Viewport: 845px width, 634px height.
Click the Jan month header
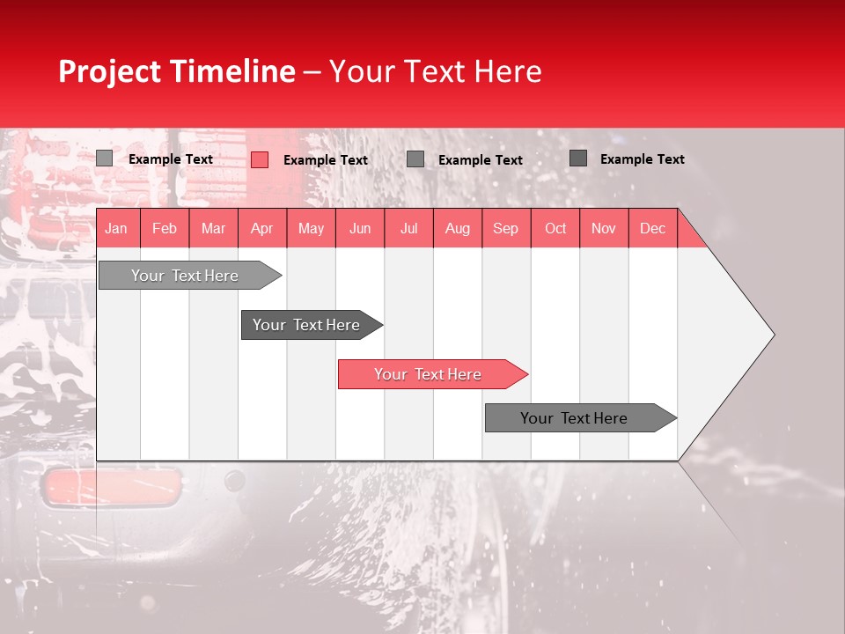(117, 228)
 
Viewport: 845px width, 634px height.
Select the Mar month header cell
(213, 228)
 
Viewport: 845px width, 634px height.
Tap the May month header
(311, 228)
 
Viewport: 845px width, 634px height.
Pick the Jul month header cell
(408, 228)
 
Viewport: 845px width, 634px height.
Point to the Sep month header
(506, 228)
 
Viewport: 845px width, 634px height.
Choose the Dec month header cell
(652, 228)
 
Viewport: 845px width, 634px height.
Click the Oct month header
(555, 228)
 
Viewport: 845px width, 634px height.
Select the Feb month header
(165, 228)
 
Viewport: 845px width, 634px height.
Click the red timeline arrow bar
(431, 374)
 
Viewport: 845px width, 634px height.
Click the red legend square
(260, 159)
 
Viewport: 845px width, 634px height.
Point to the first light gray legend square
(104, 158)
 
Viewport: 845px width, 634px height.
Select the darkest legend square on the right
(578, 158)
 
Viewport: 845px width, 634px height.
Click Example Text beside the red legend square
(326, 160)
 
